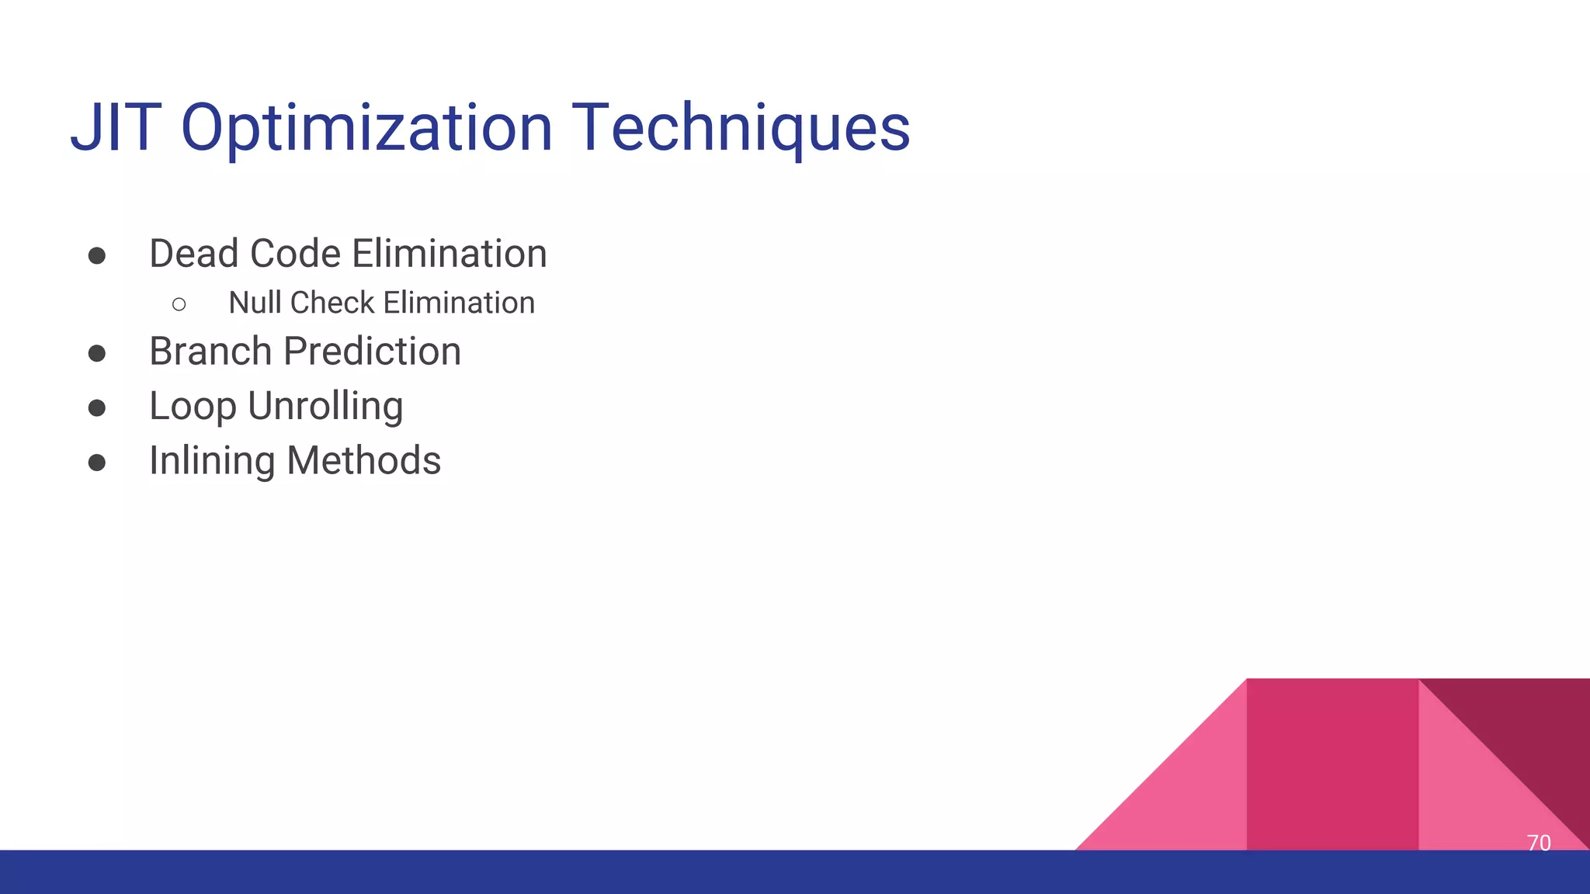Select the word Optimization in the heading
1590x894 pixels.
[x=366, y=128]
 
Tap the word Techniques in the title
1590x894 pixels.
[x=741, y=128]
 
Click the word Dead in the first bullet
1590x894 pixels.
[x=194, y=254]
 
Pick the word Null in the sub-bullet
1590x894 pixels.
[x=255, y=303]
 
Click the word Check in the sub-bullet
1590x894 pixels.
[x=332, y=303]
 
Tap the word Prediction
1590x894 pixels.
[x=373, y=352]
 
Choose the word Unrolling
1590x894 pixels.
[x=325, y=406]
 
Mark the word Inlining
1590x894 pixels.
[x=211, y=461]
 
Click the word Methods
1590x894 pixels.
[x=363, y=461]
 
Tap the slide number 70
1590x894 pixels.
[x=1538, y=843]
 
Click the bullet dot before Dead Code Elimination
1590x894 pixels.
[x=97, y=256]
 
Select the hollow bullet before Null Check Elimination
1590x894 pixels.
[x=179, y=304]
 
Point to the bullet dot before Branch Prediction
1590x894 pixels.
[x=97, y=354]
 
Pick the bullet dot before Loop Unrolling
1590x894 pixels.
[x=97, y=408]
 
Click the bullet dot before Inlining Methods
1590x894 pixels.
[x=97, y=463]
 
